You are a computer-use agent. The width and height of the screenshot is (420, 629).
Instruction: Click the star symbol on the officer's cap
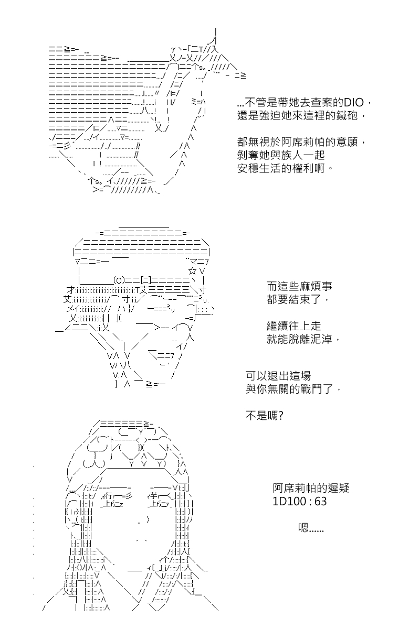193,272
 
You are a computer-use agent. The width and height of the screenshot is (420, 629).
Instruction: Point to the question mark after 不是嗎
280,416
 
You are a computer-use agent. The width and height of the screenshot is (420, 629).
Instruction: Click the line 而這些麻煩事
299,286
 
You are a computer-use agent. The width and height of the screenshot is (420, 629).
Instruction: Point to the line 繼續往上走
293,326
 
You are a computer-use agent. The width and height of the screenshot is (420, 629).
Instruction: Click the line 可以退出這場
278,376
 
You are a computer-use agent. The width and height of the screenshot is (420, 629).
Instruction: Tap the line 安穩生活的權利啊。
285,168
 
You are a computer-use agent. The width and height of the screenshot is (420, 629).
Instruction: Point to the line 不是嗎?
264,416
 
